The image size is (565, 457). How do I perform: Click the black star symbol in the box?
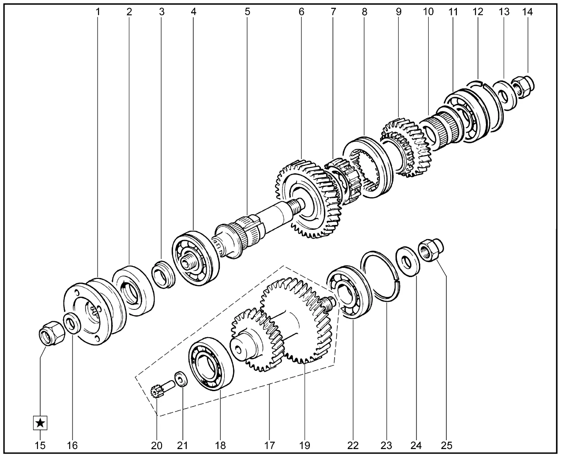(40, 423)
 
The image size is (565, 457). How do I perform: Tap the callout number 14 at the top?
(527, 11)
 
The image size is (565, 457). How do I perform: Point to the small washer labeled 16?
(72, 323)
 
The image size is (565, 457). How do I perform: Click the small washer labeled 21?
(181, 379)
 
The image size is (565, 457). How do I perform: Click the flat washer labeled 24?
(408, 262)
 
